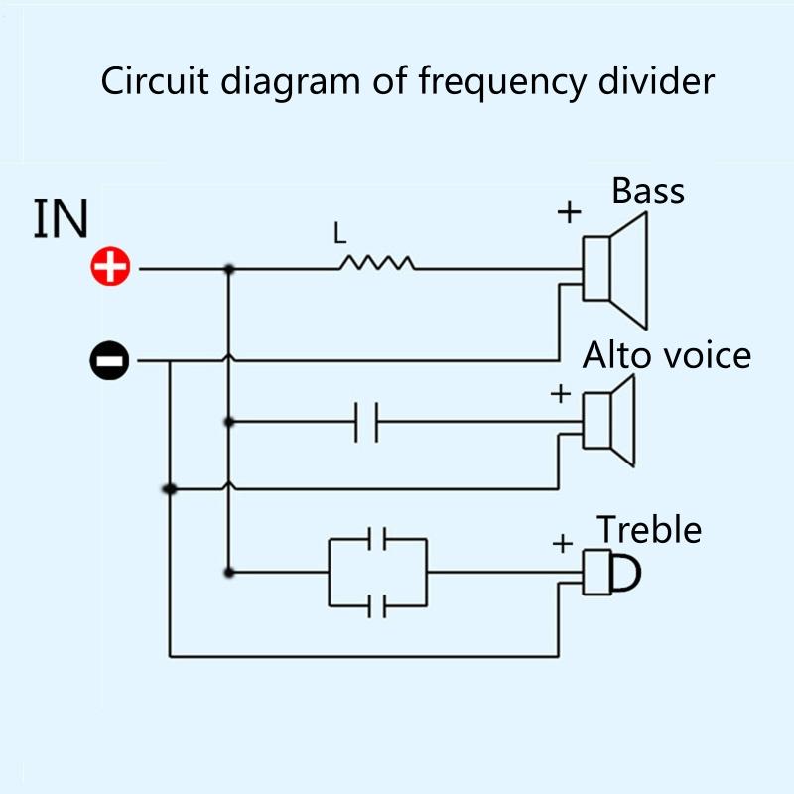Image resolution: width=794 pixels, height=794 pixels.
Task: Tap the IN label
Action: pos(61,219)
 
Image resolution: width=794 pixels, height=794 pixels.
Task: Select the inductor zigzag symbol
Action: pos(377,263)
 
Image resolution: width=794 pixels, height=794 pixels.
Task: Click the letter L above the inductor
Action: pos(339,235)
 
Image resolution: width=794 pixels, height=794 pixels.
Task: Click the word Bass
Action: pos(647,191)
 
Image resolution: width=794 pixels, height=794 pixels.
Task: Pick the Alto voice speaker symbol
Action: pos(608,421)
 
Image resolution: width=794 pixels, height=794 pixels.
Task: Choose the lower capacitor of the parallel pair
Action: pos(376,603)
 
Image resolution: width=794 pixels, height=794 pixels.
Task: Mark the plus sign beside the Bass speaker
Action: pos(569,211)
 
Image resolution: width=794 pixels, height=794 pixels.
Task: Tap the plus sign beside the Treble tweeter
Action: pos(562,543)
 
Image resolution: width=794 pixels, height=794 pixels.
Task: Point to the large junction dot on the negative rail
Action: pos(170,489)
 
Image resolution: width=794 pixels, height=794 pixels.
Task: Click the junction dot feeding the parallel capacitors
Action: pos(229,572)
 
